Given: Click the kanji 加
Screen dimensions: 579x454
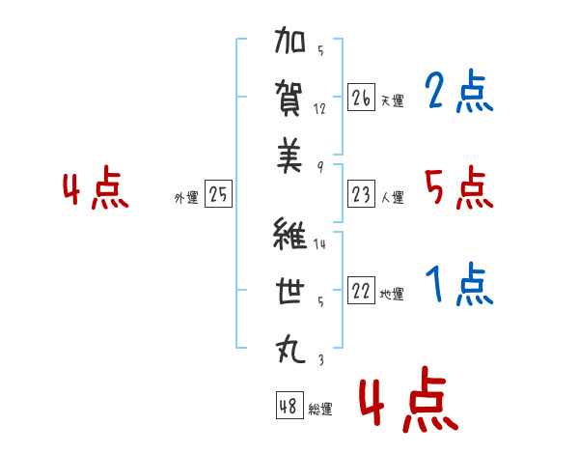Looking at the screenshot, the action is click(x=289, y=40).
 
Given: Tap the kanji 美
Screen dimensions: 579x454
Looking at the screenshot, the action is click(x=289, y=156).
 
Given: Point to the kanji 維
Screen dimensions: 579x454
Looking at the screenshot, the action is click(x=289, y=233).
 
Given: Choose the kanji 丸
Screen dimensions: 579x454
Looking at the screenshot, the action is click(x=290, y=349).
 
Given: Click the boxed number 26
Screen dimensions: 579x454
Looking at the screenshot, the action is click(x=361, y=98).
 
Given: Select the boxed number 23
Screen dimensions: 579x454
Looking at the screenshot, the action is click(x=361, y=194).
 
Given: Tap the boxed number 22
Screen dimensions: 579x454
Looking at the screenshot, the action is click(x=361, y=290).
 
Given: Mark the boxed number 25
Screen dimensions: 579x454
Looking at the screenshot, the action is click(x=218, y=194).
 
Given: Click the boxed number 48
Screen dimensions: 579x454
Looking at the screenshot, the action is click(x=289, y=406).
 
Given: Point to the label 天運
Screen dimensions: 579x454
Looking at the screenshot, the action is click(x=393, y=100).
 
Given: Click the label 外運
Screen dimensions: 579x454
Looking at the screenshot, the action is click(x=186, y=197).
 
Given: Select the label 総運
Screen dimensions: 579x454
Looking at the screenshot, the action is click(x=320, y=410).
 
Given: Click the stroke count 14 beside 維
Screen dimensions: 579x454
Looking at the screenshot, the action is click(x=319, y=244).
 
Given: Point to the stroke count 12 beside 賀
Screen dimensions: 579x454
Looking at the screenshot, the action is click(x=319, y=109).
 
